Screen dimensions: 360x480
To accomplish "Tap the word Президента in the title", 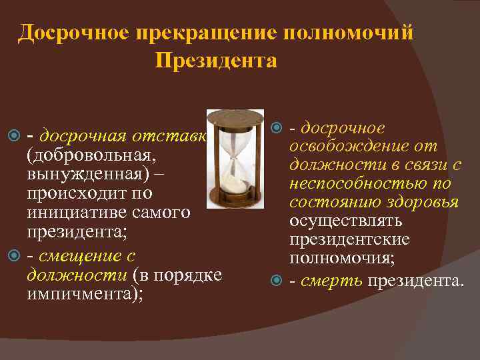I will point(216,61).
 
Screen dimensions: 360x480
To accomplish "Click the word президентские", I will point(349,239).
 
